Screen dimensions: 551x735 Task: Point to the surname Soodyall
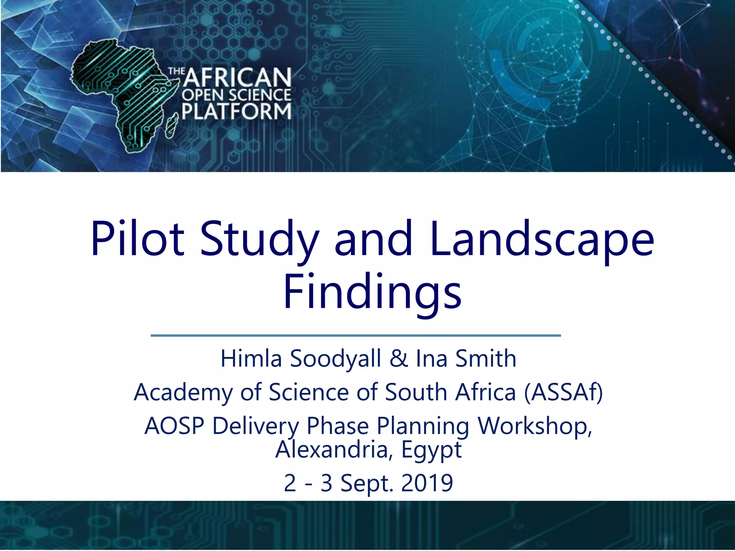[x=336, y=358]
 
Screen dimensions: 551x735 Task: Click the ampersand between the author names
[x=398, y=358]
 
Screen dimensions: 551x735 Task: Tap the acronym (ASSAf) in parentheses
[x=563, y=392]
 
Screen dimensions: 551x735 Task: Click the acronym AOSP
[x=174, y=426]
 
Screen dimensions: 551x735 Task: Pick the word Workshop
[x=534, y=426]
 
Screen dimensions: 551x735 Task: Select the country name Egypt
[x=431, y=450]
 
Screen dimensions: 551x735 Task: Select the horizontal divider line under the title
[x=355, y=335]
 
